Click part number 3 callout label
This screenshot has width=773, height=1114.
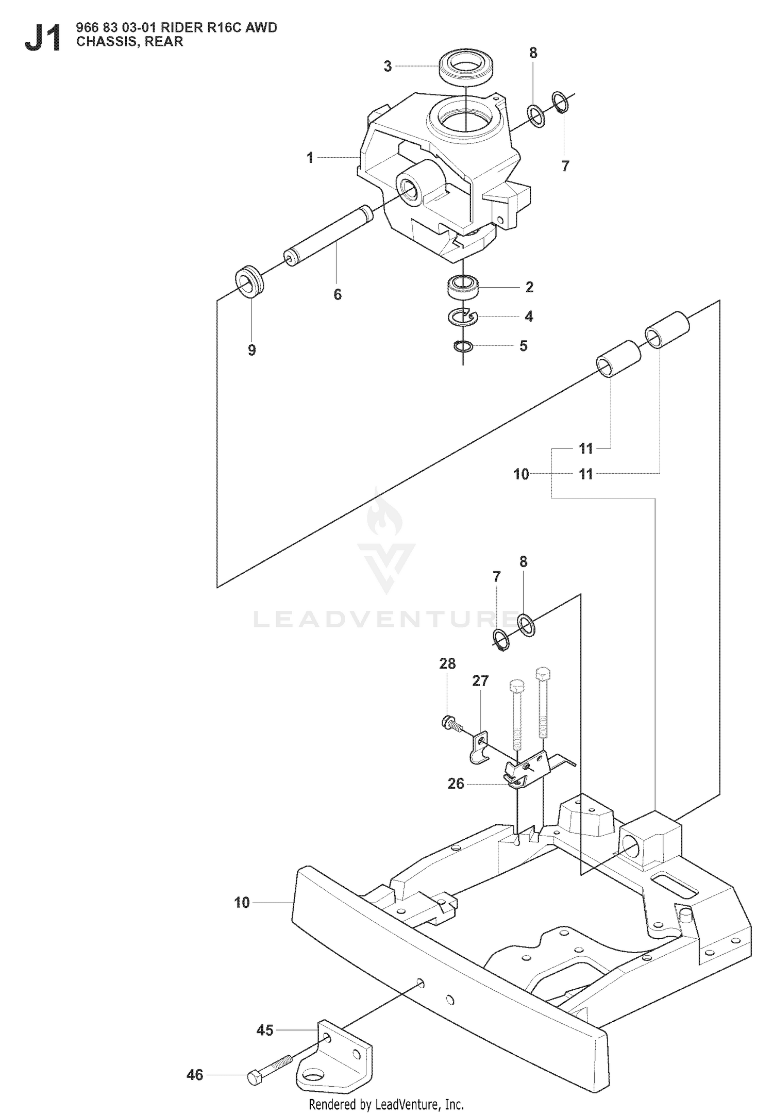pos(388,66)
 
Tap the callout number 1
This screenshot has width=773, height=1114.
pos(310,158)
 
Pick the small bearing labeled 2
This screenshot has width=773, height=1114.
pos(463,287)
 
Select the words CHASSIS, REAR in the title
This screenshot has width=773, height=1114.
pos(129,42)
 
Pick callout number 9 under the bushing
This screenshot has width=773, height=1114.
pos(251,350)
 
